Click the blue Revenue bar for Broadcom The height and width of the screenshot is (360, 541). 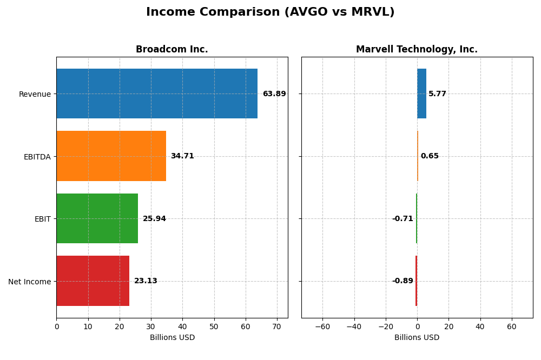(x=157, y=94)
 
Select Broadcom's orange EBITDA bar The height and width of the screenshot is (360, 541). (x=111, y=156)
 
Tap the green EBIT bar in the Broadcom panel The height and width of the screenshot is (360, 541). (x=97, y=218)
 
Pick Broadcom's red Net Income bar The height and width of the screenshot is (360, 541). (x=93, y=281)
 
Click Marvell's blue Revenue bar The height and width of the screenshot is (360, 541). (x=421, y=94)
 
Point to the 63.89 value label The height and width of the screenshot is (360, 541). (x=274, y=94)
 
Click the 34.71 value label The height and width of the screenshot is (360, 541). (x=182, y=156)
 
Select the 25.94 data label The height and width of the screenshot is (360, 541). (x=154, y=219)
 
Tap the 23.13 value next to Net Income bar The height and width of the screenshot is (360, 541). (x=146, y=281)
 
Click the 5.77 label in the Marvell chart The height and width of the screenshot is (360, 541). (x=437, y=94)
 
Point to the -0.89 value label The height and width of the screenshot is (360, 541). (x=403, y=281)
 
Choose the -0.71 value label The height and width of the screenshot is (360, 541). (x=403, y=219)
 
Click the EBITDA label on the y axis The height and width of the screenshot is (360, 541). (x=37, y=157)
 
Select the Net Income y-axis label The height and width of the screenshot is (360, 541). (x=29, y=282)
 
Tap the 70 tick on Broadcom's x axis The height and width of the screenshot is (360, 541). (x=277, y=326)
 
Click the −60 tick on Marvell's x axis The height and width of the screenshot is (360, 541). (x=322, y=326)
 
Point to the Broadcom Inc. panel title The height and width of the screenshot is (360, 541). (x=171, y=50)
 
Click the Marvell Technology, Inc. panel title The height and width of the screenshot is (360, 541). (x=417, y=50)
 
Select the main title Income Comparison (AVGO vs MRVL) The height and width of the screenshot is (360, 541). (x=270, y=12)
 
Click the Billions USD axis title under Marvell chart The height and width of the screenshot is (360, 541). (x=417, y=338)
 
